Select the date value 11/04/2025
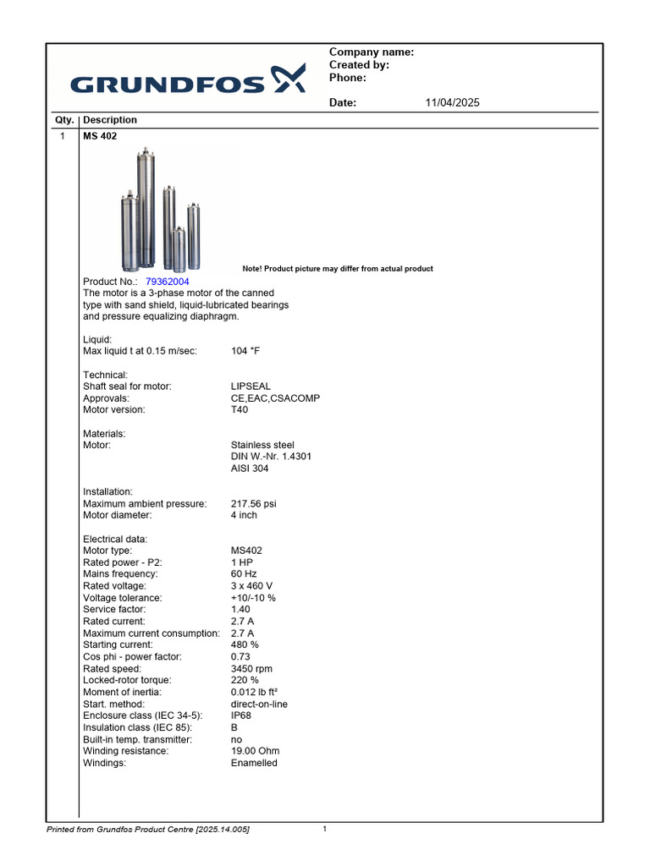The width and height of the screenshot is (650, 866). coord(452,103)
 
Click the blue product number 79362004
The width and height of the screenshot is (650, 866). coord(168,282)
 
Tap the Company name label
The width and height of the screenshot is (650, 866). coord(371,52)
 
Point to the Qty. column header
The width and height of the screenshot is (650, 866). coord(64,120)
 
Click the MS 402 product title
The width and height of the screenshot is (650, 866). coord(100,136)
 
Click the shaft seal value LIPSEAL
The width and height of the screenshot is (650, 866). coord(251,386)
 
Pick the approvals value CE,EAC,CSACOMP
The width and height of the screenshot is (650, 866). coord(275,398)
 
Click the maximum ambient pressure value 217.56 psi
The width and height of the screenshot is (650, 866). coord(254,504)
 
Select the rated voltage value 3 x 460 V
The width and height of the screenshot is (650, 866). coord(252,586)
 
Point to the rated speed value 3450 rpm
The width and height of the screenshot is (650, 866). coord(252,669)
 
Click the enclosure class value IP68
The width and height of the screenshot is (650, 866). coord(241,715)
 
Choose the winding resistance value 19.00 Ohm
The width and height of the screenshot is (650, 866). coord(255,751)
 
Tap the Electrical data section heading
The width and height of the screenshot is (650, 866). coord(115,539)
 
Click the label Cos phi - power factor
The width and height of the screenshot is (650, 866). coord(132,657)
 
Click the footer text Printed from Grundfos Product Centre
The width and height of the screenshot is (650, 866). coord(147,830)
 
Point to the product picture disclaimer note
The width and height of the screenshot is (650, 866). coord(338,269)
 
